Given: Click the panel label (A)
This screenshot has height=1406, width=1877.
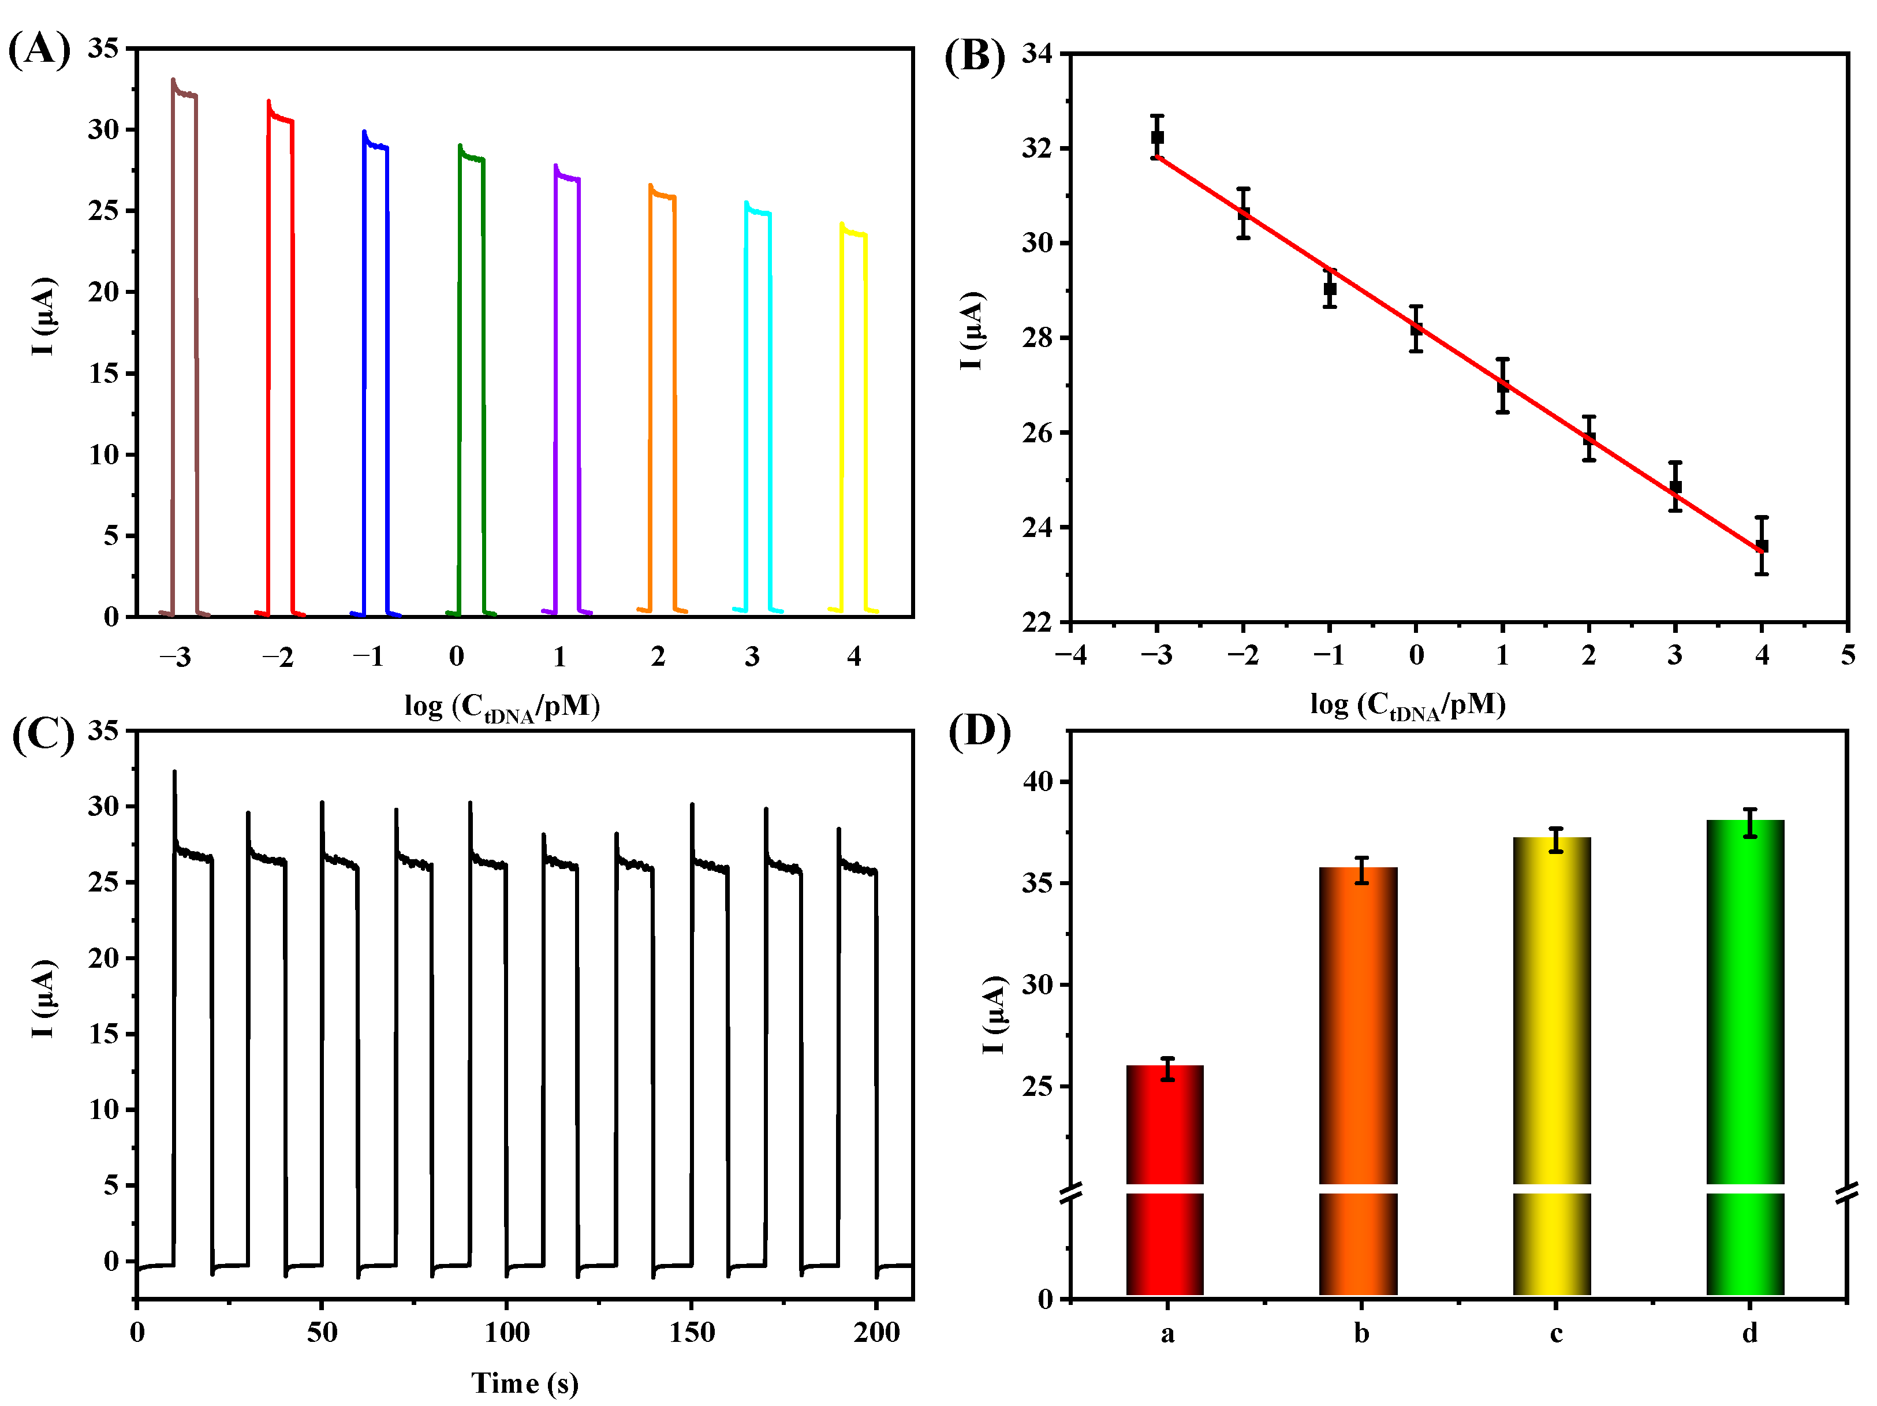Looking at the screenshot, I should [x=39, y=49].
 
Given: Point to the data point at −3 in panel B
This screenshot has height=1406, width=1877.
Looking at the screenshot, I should [x=1158, y=137].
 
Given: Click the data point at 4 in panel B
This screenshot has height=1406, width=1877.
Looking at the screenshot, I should [x=1762, y=546].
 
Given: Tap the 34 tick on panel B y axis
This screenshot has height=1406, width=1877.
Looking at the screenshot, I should [x=1036, y=54].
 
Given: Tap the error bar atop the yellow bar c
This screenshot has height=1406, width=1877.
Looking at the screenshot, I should [x=1555, y=840].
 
